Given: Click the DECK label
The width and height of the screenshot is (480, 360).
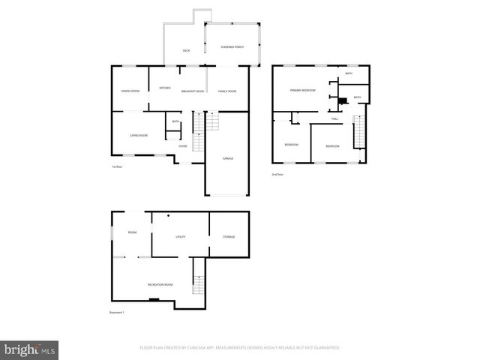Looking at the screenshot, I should pos(186,50).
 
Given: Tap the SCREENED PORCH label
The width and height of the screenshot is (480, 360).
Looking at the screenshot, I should pos(232,47).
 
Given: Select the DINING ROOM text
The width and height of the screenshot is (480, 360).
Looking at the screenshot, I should pos(130,91).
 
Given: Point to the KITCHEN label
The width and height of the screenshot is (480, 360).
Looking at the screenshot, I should pos(164,88).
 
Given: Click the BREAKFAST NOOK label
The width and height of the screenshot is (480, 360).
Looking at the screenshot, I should pos(193,91).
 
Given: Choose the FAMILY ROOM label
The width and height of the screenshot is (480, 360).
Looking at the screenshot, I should pos(227,91).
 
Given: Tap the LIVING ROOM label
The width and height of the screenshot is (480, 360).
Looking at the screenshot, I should pos(138,135).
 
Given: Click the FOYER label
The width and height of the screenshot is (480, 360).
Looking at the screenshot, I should pos(183,146).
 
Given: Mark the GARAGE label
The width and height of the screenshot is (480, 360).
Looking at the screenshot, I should pos(227,159).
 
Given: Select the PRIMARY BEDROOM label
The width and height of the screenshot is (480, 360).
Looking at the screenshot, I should pos(303,90).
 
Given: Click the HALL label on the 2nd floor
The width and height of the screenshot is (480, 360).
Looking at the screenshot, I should pos(334,118).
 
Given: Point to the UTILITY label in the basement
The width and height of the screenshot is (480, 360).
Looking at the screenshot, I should pos(180,237).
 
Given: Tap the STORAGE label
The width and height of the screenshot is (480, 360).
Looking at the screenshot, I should pos(229,237).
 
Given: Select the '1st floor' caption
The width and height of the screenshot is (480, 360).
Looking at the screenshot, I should pos(116,166).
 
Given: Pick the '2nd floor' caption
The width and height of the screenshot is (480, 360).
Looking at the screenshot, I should pos(277,174).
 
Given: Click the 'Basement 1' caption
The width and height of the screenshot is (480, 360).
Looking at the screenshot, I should pos(117,313).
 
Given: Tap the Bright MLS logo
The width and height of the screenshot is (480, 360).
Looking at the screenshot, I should pos(30,349).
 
